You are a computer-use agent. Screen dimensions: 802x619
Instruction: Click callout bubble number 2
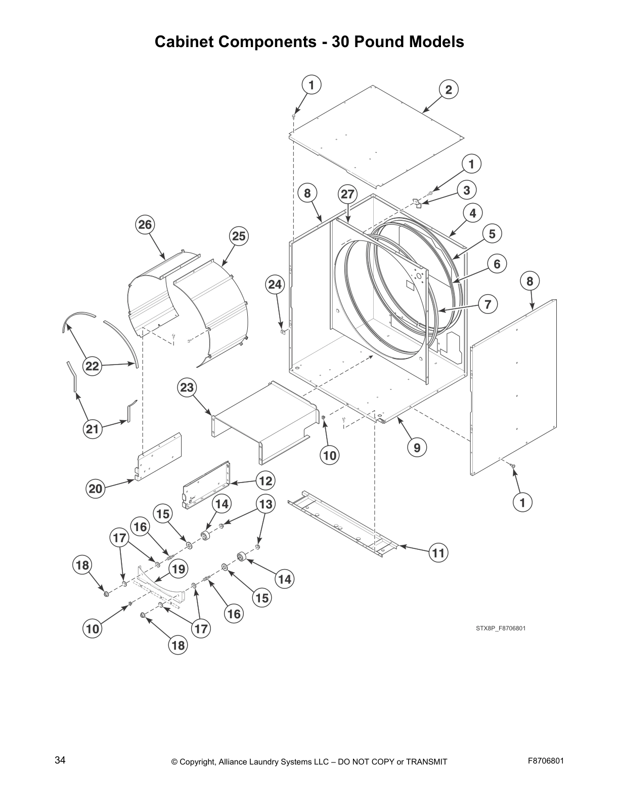coord(448,90)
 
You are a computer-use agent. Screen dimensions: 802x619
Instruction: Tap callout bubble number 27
coord(347,194)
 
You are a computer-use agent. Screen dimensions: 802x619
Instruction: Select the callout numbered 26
coord(145,224)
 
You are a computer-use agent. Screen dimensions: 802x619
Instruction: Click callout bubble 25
coord(239,236)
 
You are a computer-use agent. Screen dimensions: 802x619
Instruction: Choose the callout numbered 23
coord(187,387)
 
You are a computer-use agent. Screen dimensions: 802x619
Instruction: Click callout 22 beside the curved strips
coord(92,366)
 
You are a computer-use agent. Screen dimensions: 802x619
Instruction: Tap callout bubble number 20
coord(96,489)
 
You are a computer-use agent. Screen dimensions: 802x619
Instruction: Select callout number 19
coord(178,569)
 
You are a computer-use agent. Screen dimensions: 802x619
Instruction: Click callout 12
coord(266,480)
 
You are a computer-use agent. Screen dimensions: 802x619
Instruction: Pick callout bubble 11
coord(438,553)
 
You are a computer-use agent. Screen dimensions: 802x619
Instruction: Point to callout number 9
coord(417,447)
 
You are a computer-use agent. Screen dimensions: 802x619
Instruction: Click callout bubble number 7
coord(488,304)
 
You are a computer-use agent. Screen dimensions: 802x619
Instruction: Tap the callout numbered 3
coord(466,190)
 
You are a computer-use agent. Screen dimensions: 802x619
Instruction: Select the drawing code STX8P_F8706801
coord(501,628)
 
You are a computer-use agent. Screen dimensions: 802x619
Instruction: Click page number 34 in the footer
coord(60,760)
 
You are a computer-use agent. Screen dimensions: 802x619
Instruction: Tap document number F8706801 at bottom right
coord(546,760)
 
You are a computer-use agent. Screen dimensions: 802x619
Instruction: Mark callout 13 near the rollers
coord(266,504)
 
